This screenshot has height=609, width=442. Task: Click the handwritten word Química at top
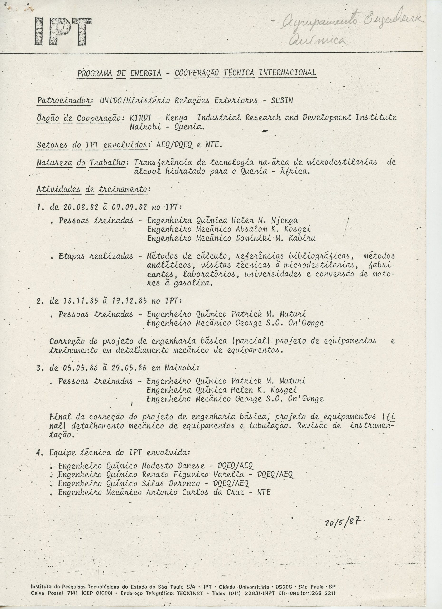(317, 40)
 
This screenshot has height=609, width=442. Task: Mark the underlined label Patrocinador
(64, 100)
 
